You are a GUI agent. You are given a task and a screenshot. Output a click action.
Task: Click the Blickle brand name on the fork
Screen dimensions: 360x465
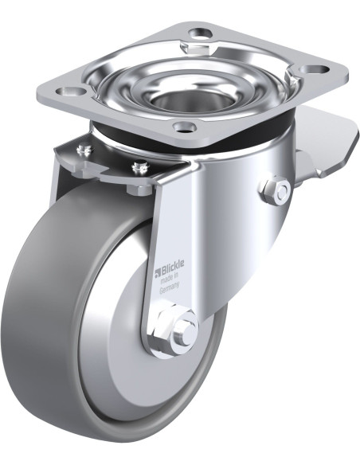click(173, 268)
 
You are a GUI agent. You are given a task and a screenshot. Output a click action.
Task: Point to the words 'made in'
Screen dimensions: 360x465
click(169, 279)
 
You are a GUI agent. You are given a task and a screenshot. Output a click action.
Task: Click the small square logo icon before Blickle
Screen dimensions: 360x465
click(157, 271)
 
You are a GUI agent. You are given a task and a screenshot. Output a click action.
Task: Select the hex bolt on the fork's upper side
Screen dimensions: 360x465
click(276, 191)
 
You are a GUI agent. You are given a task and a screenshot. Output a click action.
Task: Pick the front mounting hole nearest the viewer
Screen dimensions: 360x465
click(186, 127)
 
